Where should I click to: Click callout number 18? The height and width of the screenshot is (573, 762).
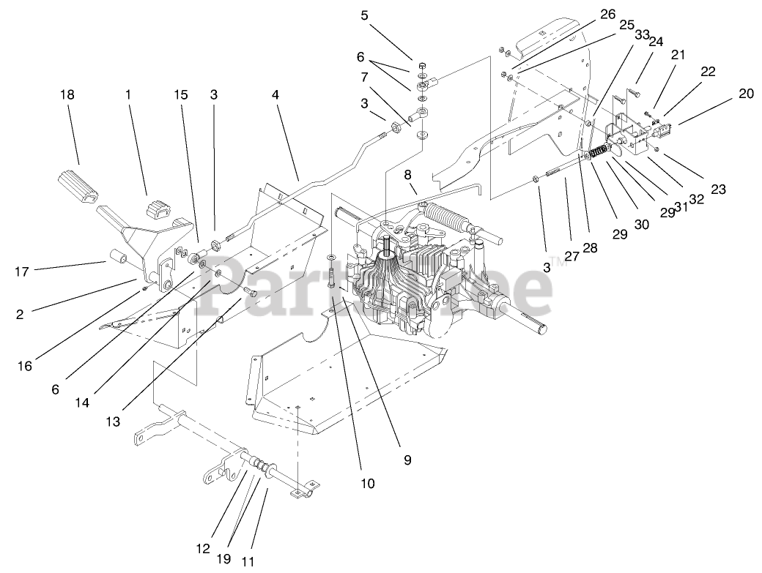[68, 95]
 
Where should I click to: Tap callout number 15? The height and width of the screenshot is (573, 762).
[181, 95]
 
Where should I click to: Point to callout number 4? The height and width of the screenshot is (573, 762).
[275, 95]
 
